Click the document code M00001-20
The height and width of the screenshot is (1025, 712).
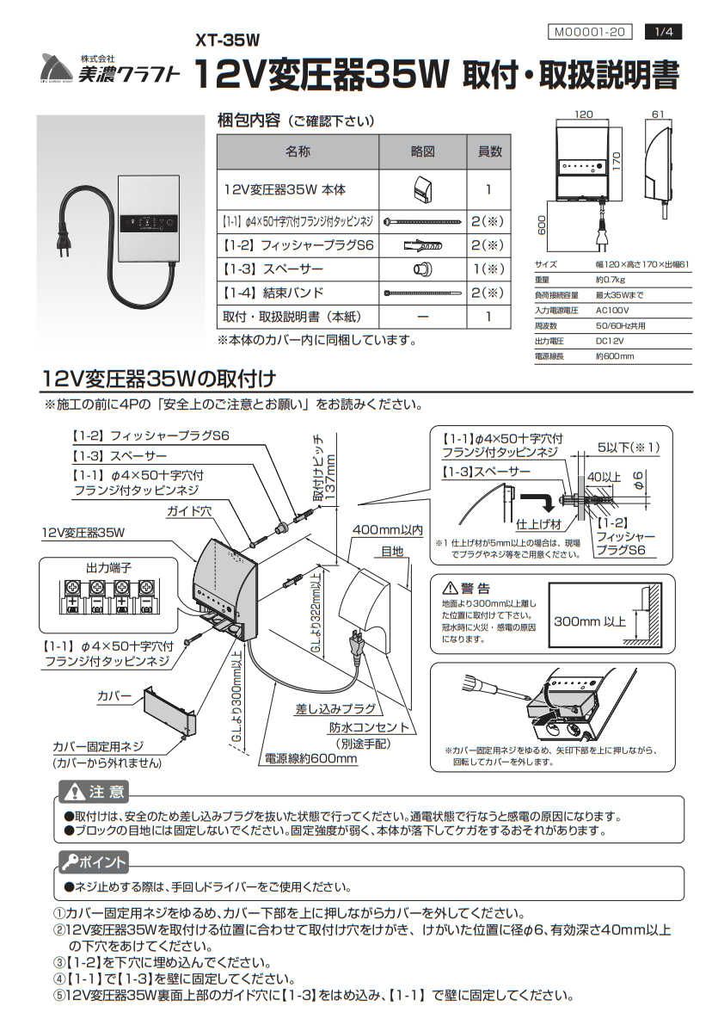tap(589, 32)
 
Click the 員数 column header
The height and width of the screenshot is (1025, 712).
tap(489, 151)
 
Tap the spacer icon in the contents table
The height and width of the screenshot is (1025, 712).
tap(421, 269)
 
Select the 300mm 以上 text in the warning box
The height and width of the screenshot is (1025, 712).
tap(590, 621)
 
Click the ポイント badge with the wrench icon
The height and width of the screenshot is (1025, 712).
tap(93, 862)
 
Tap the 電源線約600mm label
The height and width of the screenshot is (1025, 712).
tap(310, 759)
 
